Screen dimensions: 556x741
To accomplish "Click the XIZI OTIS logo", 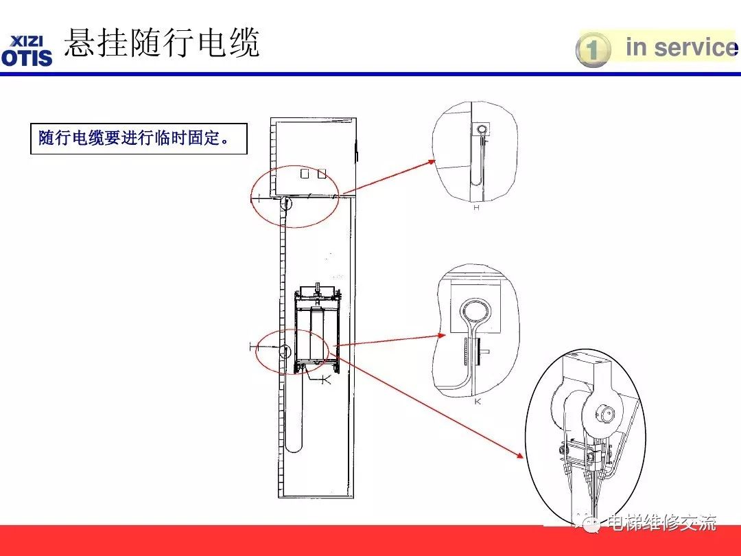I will coord(27,50).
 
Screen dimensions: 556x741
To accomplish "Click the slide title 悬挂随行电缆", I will coord(162,43).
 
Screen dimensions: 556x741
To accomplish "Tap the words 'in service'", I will coord(679,47).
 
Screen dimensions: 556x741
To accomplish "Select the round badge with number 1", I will coord(593,50).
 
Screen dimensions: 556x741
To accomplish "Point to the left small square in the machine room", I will coord(305,174).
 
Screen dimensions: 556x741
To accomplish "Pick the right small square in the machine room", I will coord(321,174).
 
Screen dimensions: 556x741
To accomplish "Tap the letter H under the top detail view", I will coord(476,207).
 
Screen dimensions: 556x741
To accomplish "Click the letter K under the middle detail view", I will coord(478,402).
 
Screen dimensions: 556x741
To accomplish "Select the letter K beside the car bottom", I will coord(326,380).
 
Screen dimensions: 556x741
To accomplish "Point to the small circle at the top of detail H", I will coord(483,128).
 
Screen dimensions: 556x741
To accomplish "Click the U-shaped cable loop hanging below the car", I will coord(291,419).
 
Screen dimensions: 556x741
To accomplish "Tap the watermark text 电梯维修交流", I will coord(661,523).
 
